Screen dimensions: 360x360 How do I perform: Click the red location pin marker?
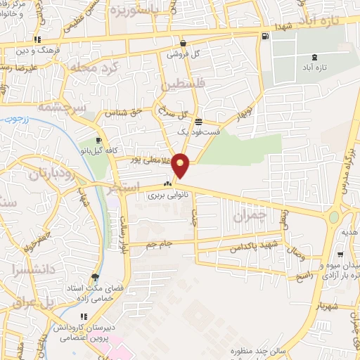click(x=181, y=165)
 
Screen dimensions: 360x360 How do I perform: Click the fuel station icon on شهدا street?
click(x=264, y=37)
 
